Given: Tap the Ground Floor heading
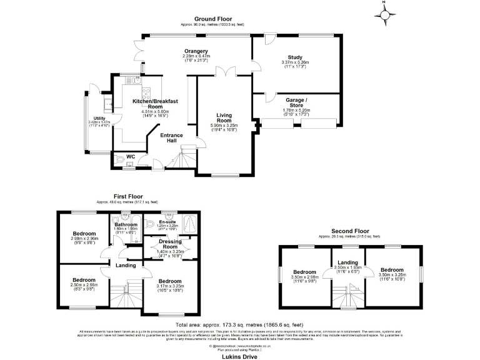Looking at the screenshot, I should coord(212,19).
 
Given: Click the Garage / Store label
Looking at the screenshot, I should coord(296,102).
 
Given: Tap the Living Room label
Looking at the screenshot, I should coord(224,119).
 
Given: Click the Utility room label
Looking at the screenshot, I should coord(99,118).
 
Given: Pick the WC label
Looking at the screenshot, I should coord(131,157).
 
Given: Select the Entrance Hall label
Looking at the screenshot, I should coord(171,137).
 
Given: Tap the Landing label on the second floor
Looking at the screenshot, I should coord(347,262).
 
